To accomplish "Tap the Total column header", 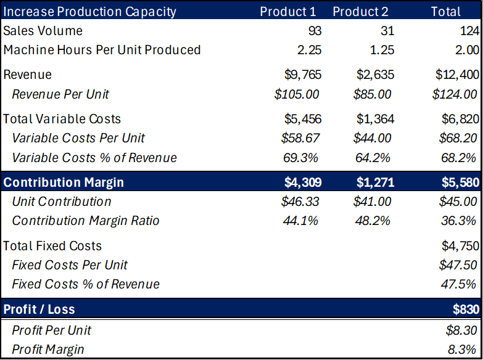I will pos(445,11).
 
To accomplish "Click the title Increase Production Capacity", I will pos(90,11).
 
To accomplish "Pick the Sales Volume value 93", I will pos(315,31).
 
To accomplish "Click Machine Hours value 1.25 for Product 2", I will pos(382,50).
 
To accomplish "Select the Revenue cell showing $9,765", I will pos(303,75).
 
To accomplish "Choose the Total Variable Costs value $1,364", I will pos(375,119).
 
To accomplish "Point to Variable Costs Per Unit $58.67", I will pos(300,138).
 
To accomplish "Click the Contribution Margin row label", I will pos(64,182).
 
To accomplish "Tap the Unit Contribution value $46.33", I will pos(300,202).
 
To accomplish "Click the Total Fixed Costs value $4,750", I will pos(459,246).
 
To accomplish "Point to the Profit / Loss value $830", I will pos(465,309).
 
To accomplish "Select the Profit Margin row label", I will pos(47,350).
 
